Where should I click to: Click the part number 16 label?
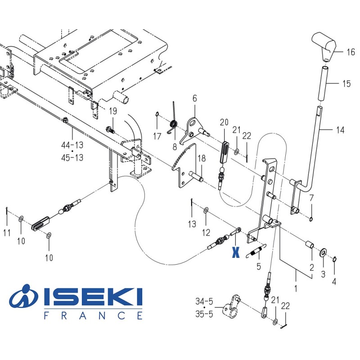(351, 52)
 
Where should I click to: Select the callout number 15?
(346, 84)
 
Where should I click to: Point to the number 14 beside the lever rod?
(340, 130)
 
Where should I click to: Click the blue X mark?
(235, 252)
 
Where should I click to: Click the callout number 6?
(194, 98)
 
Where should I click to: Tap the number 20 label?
(224, 122)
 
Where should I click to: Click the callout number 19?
(112, 111)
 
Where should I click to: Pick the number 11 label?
(7, 233)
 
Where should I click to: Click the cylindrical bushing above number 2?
(310, 247)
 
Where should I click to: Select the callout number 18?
(202, 158)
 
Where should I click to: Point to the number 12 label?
(206, 233)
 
